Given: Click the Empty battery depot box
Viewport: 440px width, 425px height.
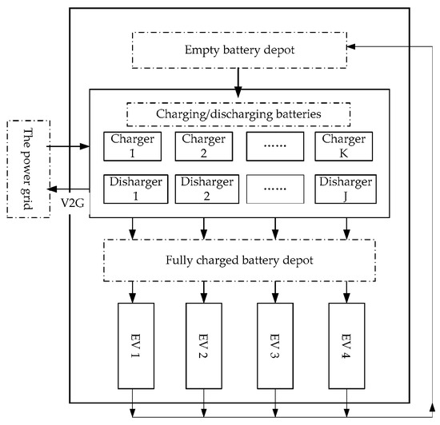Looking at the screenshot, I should point(237,50).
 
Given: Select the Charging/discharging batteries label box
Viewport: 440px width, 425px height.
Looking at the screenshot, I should point(237,113).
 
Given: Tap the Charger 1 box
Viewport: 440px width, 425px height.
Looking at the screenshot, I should point(133,145).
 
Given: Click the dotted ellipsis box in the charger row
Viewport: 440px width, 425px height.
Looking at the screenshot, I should point(274,145).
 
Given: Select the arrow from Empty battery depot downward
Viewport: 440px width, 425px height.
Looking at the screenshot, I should point(237,77).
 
